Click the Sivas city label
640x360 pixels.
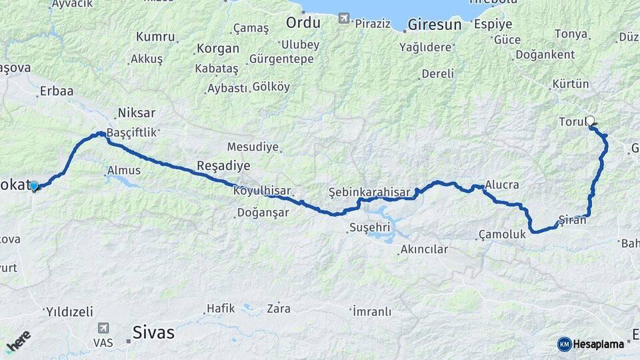[153, 332]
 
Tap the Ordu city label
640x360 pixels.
[303, 23]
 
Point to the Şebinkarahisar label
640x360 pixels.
[369, 192]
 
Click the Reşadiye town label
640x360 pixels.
[223, 165]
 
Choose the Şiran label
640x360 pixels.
[572, 220]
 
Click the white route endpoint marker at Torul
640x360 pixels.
[589, 121]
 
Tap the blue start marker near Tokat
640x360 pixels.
[34, 185]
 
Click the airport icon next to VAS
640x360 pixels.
[103, 328]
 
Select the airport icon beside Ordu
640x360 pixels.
[343, 19]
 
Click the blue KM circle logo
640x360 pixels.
[564, 344]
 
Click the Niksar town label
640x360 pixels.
[136, 112]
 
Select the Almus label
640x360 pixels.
[124, 171]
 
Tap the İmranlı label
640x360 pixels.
[371, 311]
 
